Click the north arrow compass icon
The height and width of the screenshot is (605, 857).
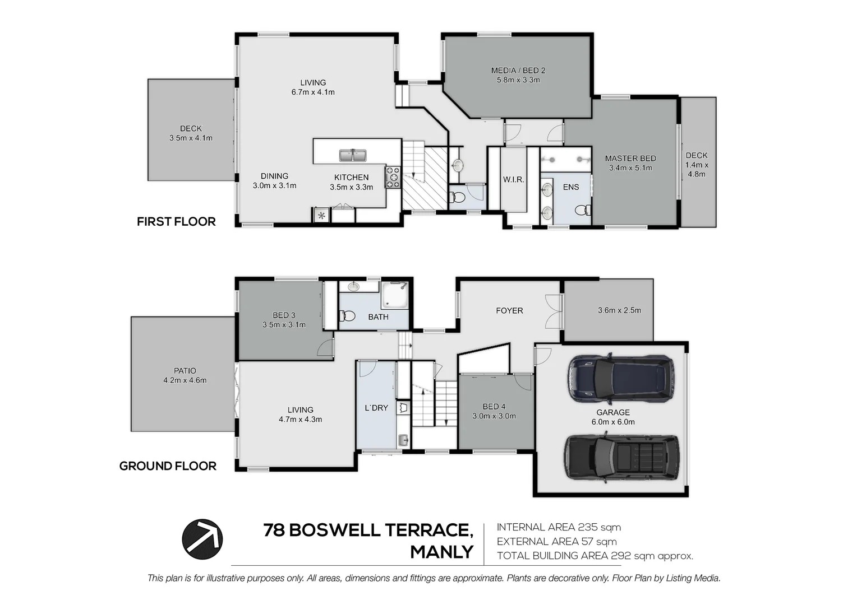[202, 539]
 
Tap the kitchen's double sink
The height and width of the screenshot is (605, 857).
[353, 155]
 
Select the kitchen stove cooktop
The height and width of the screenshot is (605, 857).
[393, 178]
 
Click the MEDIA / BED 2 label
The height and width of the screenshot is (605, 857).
[518, 71]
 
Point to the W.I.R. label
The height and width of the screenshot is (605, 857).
[513, 179]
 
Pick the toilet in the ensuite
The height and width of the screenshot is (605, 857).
[583, 210]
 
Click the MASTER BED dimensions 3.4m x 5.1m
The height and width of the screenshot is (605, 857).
[630, 168]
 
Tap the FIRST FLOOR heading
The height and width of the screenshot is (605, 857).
[176, 221]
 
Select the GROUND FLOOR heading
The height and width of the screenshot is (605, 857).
[168, 466]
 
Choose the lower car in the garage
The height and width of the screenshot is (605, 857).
[622, 458]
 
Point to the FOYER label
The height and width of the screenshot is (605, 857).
[509, 311]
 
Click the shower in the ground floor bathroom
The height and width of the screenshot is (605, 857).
[394, 295]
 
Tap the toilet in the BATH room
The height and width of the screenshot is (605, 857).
[347, 316]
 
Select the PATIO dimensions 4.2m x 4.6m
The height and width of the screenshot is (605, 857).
[185, 380]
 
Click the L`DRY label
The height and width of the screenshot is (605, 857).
[376, 408]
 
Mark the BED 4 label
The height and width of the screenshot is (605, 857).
[494, 406]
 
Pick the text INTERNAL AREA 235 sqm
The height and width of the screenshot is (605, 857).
[559, 527]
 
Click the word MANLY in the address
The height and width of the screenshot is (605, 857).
[442, 552]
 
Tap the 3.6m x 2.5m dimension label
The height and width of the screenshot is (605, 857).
[619, 310]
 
